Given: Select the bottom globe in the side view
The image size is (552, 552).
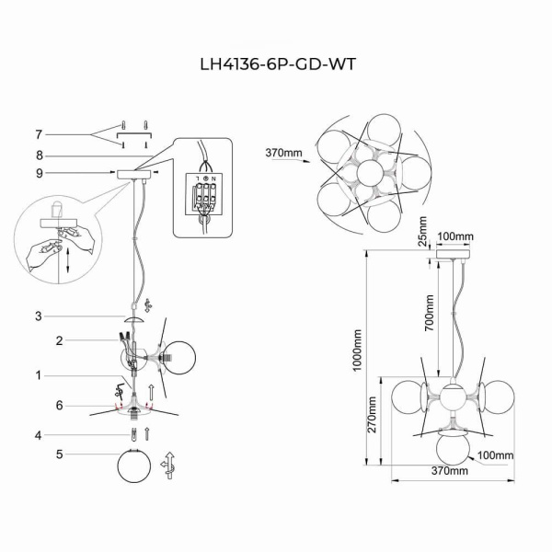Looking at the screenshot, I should (451, 451).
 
